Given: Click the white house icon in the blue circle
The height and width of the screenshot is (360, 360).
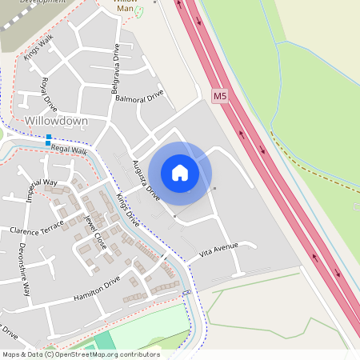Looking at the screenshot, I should tap(180, 172).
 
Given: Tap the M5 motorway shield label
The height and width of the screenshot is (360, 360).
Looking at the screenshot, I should tap(220, 96).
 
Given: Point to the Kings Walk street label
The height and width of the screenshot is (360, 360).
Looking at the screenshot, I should tap(38, 49).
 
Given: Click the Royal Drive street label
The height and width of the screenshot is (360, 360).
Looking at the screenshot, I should tap(49, 94).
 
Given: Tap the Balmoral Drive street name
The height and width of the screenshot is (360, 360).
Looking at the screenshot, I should tap(138, 96).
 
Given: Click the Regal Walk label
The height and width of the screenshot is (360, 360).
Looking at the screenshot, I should tap(69, 149).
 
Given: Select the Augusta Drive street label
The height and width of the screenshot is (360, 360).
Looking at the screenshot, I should tap(146, 180).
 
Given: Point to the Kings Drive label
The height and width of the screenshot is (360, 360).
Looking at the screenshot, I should tap(127, 210).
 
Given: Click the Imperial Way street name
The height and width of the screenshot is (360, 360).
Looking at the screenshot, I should tap(42, 193).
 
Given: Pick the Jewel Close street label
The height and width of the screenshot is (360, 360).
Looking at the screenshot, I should tap(95, 231).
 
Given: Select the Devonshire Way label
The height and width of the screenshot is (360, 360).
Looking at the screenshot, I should tap(24, 270).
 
